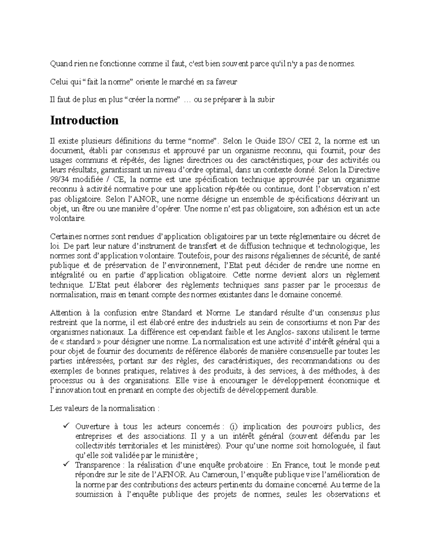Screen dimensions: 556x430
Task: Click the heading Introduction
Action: click(84, 120)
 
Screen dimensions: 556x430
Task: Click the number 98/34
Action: click(59, 179)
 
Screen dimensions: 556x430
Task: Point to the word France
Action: click(297, 465)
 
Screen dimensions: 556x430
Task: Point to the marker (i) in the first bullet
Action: click(234, 426)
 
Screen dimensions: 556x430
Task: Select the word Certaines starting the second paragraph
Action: click(64, 236)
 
